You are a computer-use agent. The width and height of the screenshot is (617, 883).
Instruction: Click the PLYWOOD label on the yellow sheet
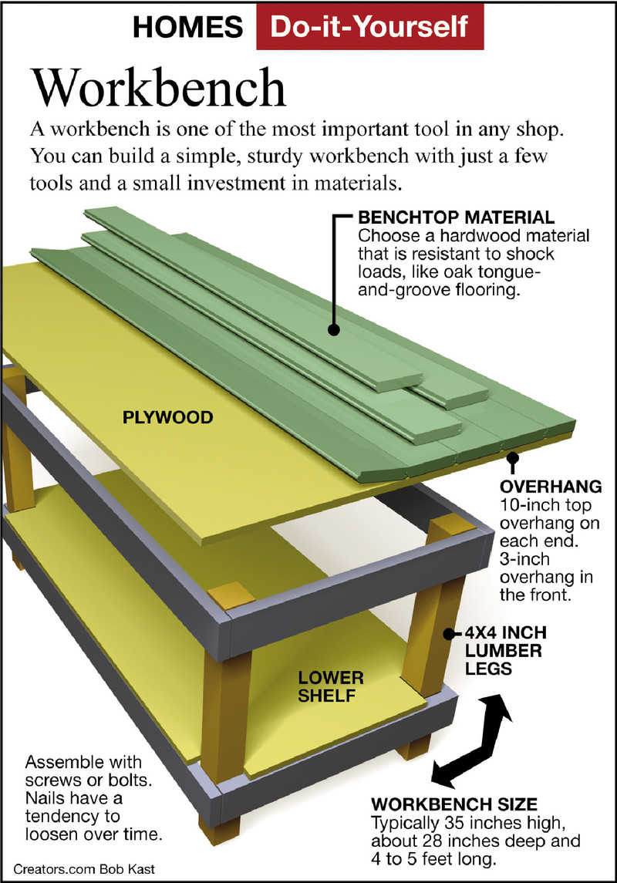[167, 417]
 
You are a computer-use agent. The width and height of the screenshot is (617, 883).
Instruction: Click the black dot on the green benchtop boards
[333, 329]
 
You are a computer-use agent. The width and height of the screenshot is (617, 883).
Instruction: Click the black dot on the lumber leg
[447, 634]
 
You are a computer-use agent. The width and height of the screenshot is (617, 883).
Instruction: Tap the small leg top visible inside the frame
[229, 595]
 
